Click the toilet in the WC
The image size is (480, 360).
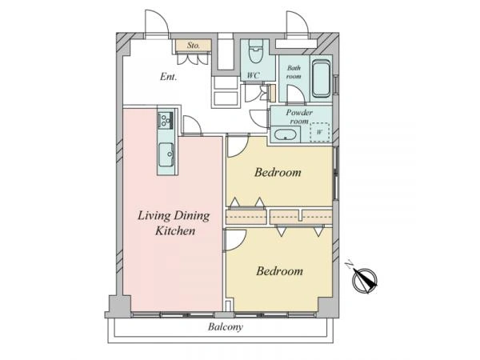pos(256,51)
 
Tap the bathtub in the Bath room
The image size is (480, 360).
pos(321,78)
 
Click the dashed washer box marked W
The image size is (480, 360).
pos(320,132)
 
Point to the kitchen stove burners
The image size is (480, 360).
pos(166,120)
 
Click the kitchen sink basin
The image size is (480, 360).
pos(166,154)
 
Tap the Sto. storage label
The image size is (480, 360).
pos(193,46)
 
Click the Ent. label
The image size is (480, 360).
pos(168,77)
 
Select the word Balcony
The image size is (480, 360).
pos(226,327)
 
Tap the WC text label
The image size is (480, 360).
pos(254,75)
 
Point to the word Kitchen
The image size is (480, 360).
pos(175,230)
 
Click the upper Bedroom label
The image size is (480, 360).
pos(278,172)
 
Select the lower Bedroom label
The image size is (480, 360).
pos(279,271)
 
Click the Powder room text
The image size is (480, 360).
pos(299,117)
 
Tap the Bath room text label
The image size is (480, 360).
pos(294,72)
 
